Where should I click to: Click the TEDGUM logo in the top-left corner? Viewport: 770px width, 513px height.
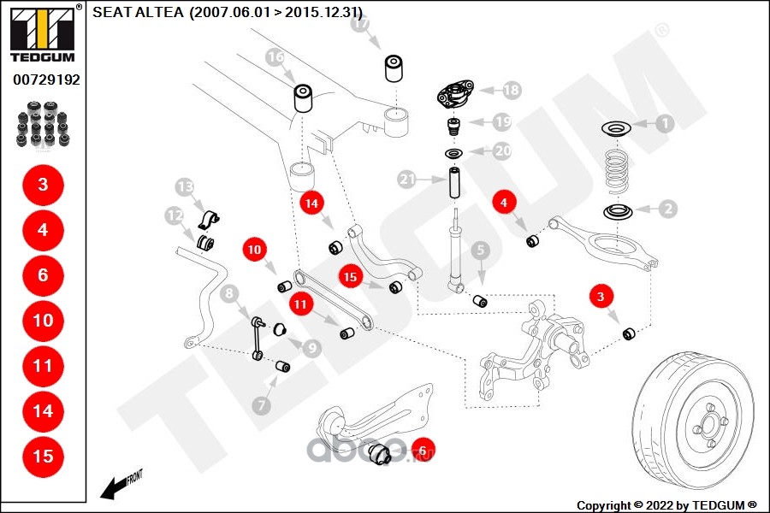[42, 34]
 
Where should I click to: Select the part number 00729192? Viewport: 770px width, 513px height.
[45, 80]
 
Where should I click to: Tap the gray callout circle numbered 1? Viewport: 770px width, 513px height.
[664, 123]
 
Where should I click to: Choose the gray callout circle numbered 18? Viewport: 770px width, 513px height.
[511, 89]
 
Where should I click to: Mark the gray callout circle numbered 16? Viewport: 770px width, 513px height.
[274, 58]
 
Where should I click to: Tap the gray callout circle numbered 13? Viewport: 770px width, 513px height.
[185, 187]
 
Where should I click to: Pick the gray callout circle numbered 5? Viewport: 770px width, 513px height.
[480, 251]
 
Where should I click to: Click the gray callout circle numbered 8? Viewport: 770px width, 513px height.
[228, 295]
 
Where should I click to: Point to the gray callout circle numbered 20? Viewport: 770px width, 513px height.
[502, 150]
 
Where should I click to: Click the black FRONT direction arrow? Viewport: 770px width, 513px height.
[112, 489]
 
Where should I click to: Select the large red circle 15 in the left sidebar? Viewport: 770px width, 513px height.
[43, 456]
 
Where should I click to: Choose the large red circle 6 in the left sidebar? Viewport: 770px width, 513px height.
[43, 275]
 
